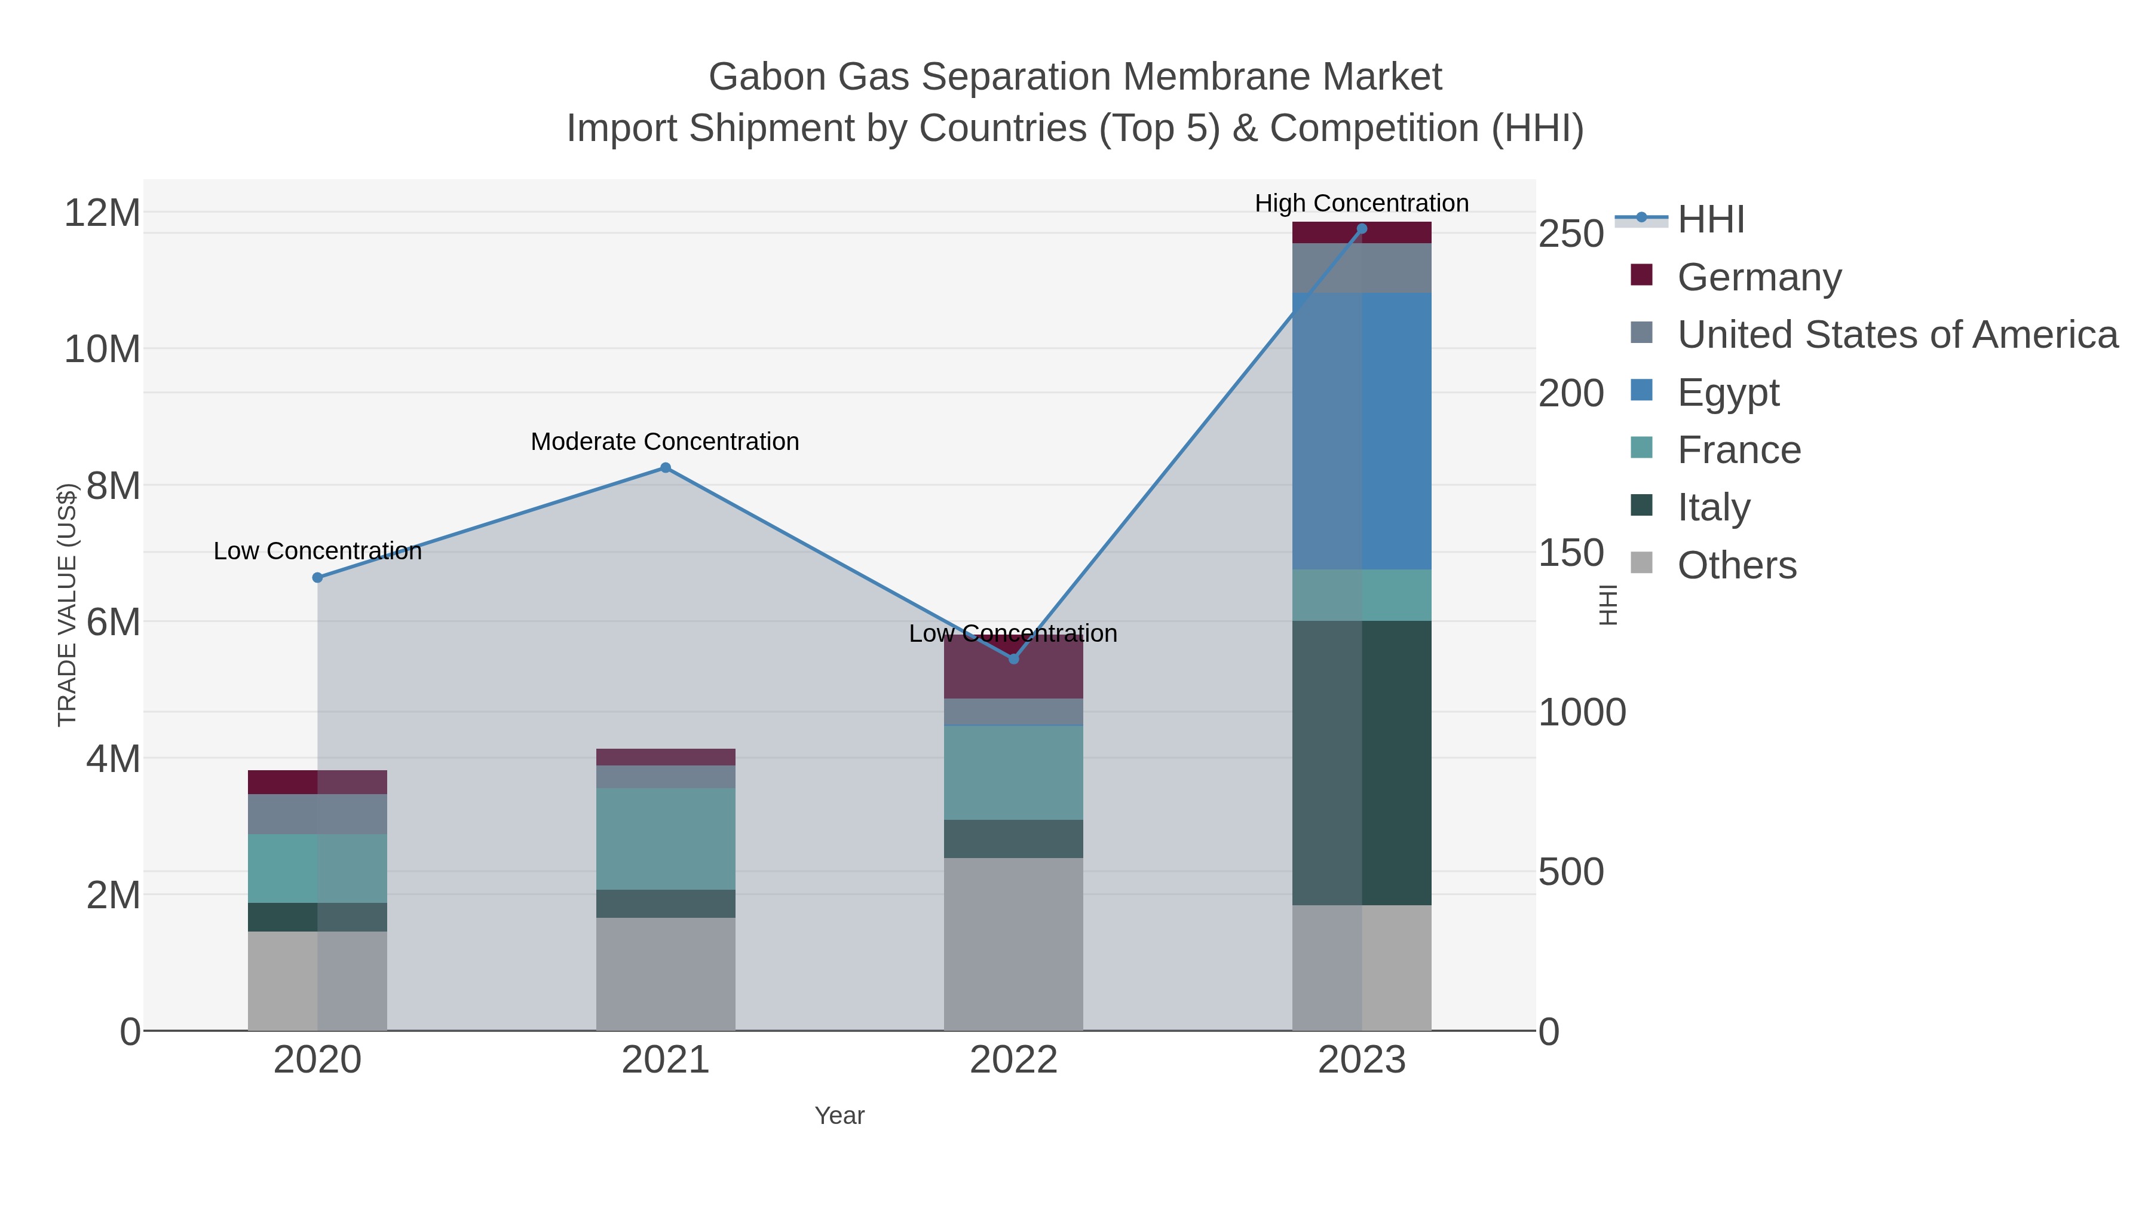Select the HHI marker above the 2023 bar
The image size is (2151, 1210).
point(1361,229)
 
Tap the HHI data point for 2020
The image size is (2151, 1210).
point(317,578)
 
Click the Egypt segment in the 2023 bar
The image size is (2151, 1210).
point(1361,431)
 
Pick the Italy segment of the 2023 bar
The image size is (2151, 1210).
point(1361,762)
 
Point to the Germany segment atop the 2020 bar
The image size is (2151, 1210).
point(317,782)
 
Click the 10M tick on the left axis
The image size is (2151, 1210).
point(102,349)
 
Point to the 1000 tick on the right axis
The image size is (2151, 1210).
point(1582,712)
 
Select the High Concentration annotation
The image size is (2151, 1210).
point(1361,203)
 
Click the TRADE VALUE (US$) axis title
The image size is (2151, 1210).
point(67,605)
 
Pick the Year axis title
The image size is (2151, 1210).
point(839,1116)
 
